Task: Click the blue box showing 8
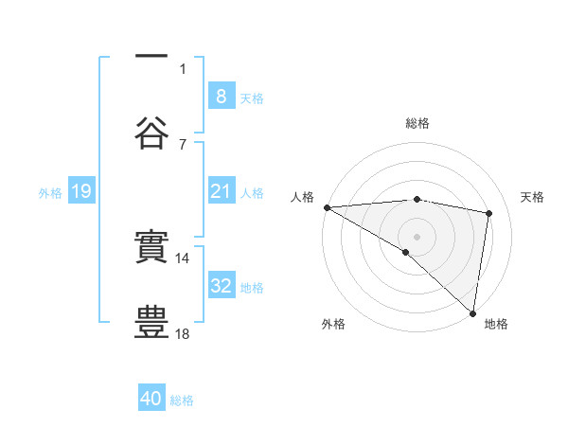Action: click(221, 96)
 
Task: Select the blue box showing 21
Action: click(221, 191)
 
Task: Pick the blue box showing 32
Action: click(221, 286)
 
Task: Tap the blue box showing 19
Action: click(81, 191)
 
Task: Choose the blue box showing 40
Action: click(151, 400)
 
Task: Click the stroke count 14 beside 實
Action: click(183, 258)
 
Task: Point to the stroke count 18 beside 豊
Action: click(183, 333)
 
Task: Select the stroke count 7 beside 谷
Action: click(183, 144)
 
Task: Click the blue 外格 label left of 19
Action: click(50, 193)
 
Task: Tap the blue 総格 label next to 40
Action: click(182, 400)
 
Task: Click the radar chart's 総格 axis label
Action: click(417, 124)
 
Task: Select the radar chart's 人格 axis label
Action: click(302, 196)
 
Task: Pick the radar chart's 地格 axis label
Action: click(496, 324)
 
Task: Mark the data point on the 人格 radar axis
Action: click(327, 207)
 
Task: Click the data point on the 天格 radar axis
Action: click(489, 213)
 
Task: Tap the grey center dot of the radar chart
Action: click(417, 236)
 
